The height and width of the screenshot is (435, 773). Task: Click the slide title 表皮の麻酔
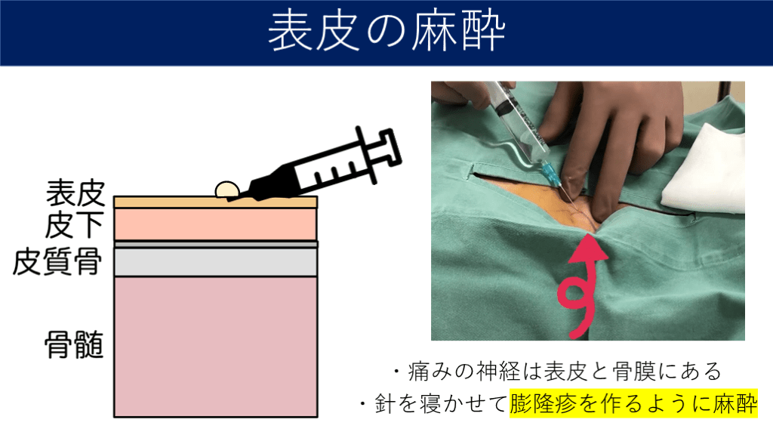pyautogui.click(x=386, y=32)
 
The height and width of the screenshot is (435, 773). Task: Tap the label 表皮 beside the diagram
pyautogui.click(x=75, y=193)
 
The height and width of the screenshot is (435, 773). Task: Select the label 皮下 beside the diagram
pyautogui.click(x=75, y=225)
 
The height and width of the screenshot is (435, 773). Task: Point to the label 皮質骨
pyautogui.click(x=57, y=261)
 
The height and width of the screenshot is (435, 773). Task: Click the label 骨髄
pyautogui.click(x=74, y=344)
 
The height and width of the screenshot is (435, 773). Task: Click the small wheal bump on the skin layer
pyautogui.click(x=227, y=190)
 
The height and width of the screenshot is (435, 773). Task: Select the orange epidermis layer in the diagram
pyautogui.click(x=215, y=202)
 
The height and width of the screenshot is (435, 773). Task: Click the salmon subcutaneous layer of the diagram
pyautogui.click(x=215, y=224)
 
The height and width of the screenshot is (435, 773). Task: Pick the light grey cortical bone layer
pyautogui.click(x=215, y=262)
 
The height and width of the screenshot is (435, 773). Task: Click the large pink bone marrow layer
pyautogui.click(x=215, y=347)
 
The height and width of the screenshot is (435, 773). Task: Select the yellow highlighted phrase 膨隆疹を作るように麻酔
pyautogui.click(x=633, y=404)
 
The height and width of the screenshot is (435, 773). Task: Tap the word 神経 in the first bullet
pyautogui.click(x=498, y=372)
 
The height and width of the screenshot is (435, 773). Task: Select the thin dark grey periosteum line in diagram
pyautogui.click(x=215, y=245)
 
